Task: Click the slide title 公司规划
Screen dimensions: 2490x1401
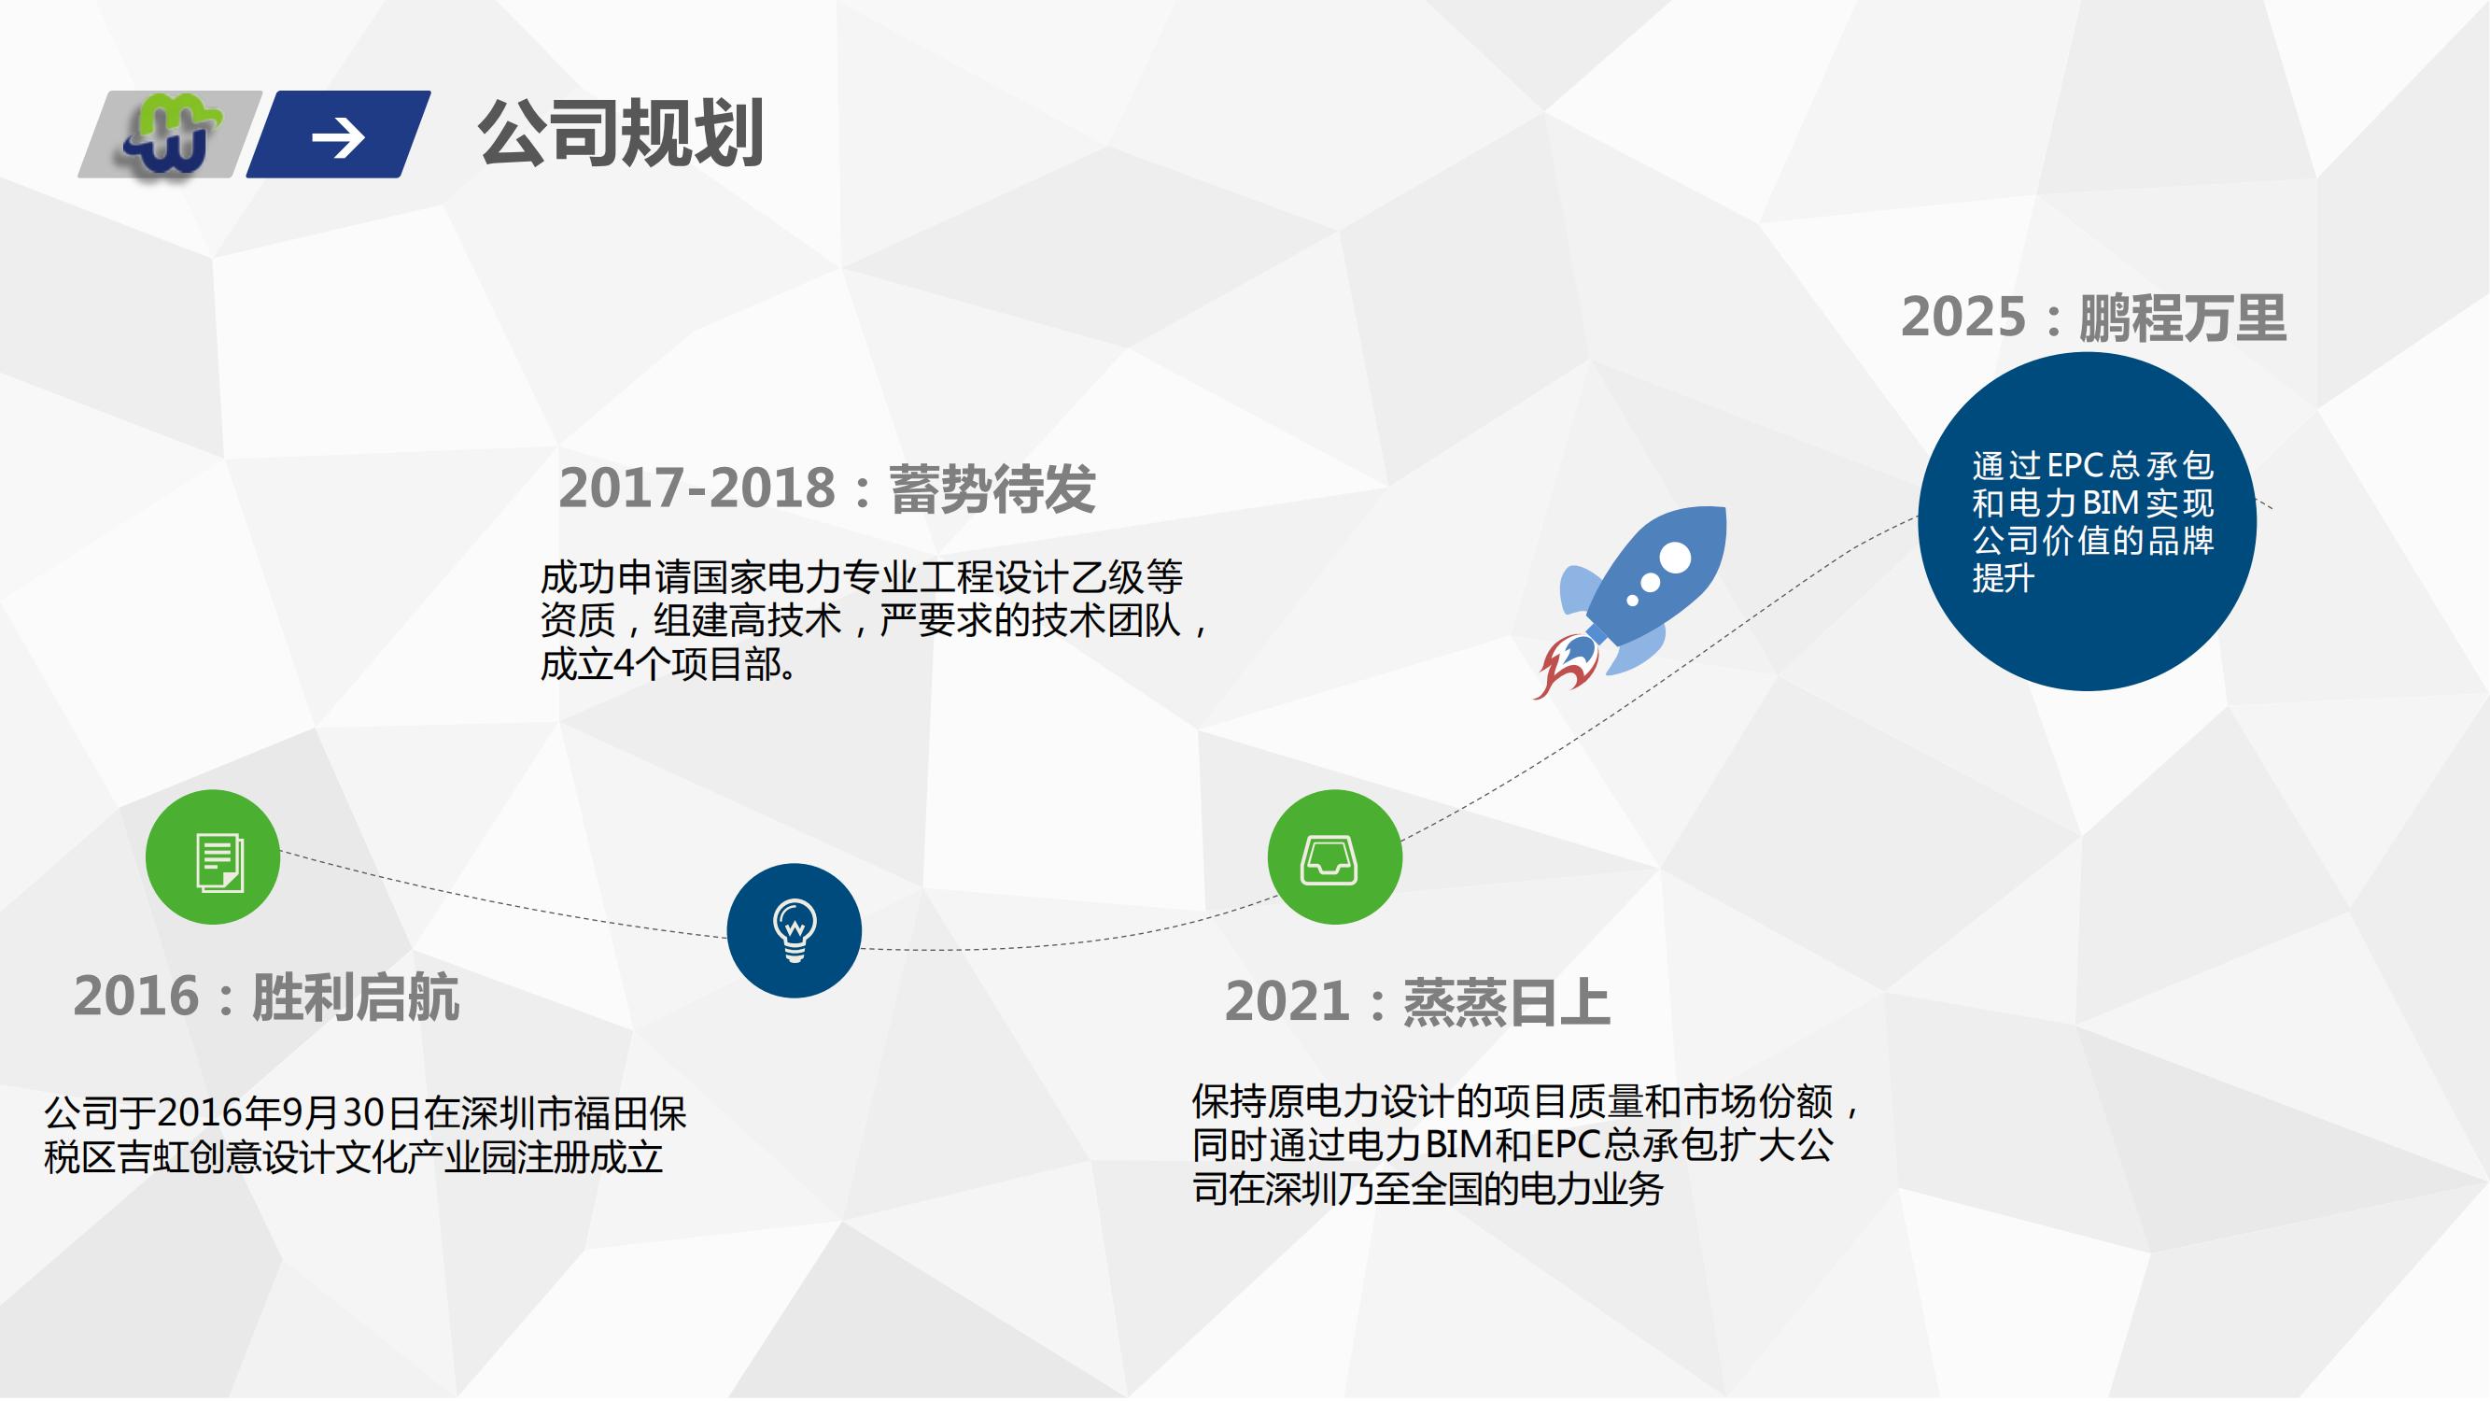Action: click(621, 134)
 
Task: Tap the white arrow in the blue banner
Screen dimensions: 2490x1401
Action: click(338, 137)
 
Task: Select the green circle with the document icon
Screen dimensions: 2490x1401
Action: click(213, 856)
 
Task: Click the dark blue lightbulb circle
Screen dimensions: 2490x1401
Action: click(794, 930)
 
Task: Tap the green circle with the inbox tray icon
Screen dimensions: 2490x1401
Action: click(1334, 856)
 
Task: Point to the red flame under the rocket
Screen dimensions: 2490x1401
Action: click(1566, 665)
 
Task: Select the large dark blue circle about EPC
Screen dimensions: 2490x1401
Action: click(2087, 521)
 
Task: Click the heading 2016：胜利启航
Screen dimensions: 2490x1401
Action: click(267, 997)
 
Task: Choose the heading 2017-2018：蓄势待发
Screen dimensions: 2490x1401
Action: click(827, 488)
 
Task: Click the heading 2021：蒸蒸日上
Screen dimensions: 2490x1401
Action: click(1417, 1001)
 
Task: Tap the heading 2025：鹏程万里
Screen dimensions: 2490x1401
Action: click(2094, 318)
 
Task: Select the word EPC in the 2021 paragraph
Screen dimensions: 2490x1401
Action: click(1569, 1145)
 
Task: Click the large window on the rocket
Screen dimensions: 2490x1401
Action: click(1675, 558)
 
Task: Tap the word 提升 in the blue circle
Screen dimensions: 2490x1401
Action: click(2004, 578)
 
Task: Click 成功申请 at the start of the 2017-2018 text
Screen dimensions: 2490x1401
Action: click(616, 578)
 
